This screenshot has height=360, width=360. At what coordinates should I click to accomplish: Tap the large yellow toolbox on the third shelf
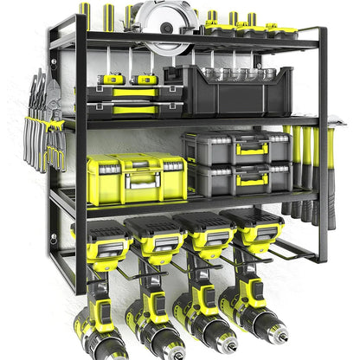point(137,181)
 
